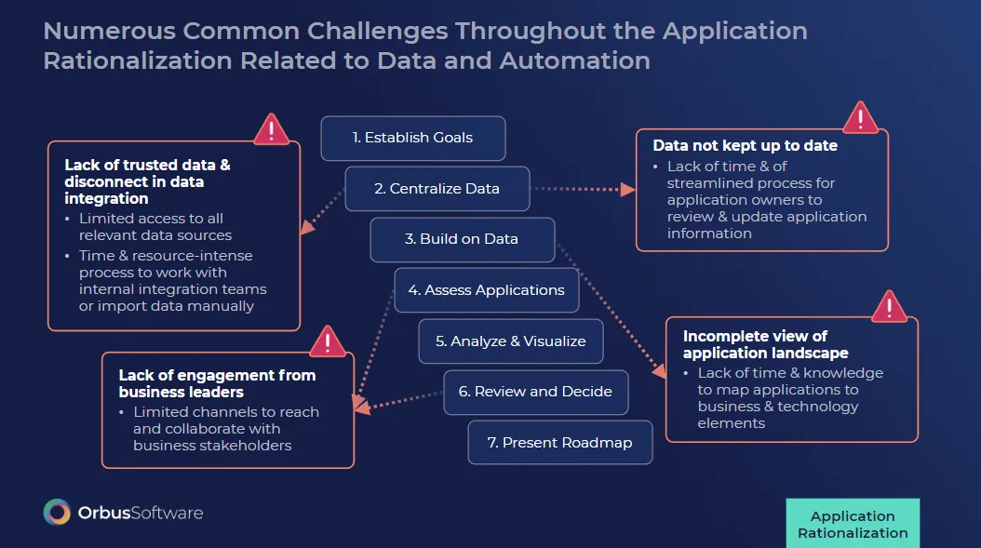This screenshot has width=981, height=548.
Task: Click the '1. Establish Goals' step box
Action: (412, 138)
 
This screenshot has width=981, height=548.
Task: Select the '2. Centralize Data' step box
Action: (437, 189)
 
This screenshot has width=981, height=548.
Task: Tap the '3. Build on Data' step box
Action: (462, 239)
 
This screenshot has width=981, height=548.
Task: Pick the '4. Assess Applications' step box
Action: (486, 290)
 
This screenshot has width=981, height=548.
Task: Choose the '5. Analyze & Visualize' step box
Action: (510, 341)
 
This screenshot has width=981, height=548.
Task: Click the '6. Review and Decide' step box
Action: (535, 392)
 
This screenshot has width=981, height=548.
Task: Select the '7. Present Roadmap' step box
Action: (559, 443)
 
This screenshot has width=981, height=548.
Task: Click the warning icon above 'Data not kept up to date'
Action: (860, 119)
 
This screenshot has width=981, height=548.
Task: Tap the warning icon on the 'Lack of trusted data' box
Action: (271, 129)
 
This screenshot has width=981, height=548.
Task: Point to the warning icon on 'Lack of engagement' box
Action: (327, 341)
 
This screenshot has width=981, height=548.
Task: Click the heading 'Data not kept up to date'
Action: (745, 146)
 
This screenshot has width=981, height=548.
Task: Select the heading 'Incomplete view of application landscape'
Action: (765, 344)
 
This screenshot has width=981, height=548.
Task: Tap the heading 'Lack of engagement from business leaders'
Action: (217, 383)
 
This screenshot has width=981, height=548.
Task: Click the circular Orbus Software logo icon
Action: (58, 513)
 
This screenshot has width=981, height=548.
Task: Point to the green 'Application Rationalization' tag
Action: (853, 524)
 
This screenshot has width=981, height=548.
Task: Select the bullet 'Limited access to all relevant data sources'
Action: (155, 227)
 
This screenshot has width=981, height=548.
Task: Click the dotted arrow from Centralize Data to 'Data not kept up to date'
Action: (583, 189)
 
